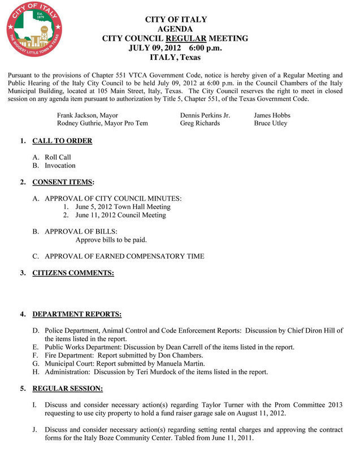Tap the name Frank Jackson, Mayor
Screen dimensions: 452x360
tap(88, 115)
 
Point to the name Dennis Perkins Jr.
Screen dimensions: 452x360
tap(205, 115)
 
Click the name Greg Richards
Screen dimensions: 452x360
tap(200, 123)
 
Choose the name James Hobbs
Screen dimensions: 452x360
tap(272, 115)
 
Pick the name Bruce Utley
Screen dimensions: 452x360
tap(271, 123)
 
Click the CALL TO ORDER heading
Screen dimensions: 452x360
tap(62, 141)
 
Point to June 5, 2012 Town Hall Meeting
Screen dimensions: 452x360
tap(123, 207)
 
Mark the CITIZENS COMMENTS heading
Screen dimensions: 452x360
tap(73, 273)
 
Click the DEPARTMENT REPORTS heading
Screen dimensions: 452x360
tap(77, 314)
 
